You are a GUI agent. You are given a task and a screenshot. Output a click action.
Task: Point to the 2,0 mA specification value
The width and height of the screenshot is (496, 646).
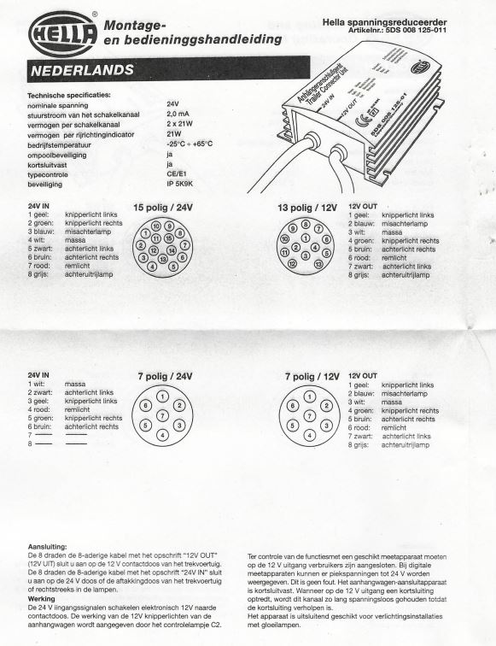click(178, 111)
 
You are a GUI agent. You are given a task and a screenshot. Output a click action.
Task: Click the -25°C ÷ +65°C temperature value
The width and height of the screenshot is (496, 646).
click(190, 143)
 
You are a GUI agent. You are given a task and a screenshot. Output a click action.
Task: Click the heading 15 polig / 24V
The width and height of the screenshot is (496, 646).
click(163, 208)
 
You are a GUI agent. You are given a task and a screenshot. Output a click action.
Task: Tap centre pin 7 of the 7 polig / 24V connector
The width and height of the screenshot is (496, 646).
click(162, 415)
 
